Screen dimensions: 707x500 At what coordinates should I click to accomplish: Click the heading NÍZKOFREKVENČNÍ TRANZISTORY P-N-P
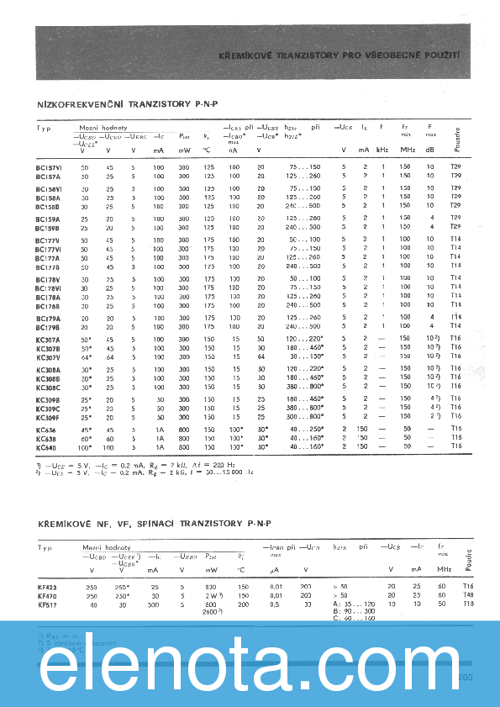click(x=127, y=105)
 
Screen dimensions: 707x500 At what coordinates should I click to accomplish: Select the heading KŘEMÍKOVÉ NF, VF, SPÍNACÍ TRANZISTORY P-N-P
click(x=155, y=524)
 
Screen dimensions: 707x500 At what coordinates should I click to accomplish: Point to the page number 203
click(x=467, y=676)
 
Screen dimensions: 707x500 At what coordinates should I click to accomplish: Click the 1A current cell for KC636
click(x=159, y=429)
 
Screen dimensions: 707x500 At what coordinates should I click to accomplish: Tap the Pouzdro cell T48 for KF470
click(x=468, y=595)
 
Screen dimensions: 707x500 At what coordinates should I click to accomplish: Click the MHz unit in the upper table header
click(x=408, y=150)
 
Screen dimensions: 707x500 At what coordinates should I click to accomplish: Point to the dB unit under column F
click(x=430, y=150)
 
